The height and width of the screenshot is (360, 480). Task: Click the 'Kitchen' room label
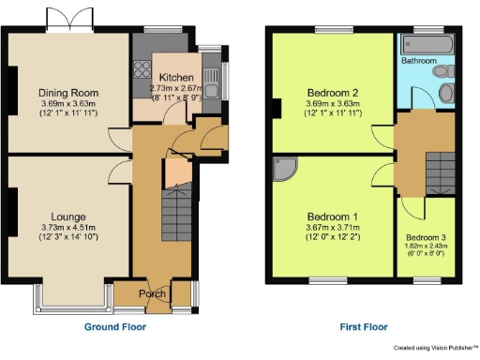point(176,77)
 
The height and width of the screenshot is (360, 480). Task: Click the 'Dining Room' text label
point(68,93)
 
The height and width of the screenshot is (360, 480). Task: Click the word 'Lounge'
point(68,216)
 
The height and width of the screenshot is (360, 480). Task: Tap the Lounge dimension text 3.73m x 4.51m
point(68,228)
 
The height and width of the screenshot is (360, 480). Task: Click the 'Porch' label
point(152,294)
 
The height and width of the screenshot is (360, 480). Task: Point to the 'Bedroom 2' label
point(333,93)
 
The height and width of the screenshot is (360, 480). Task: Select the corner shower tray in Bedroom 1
point(284,169)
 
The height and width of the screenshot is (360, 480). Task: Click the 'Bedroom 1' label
point(333,216)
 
